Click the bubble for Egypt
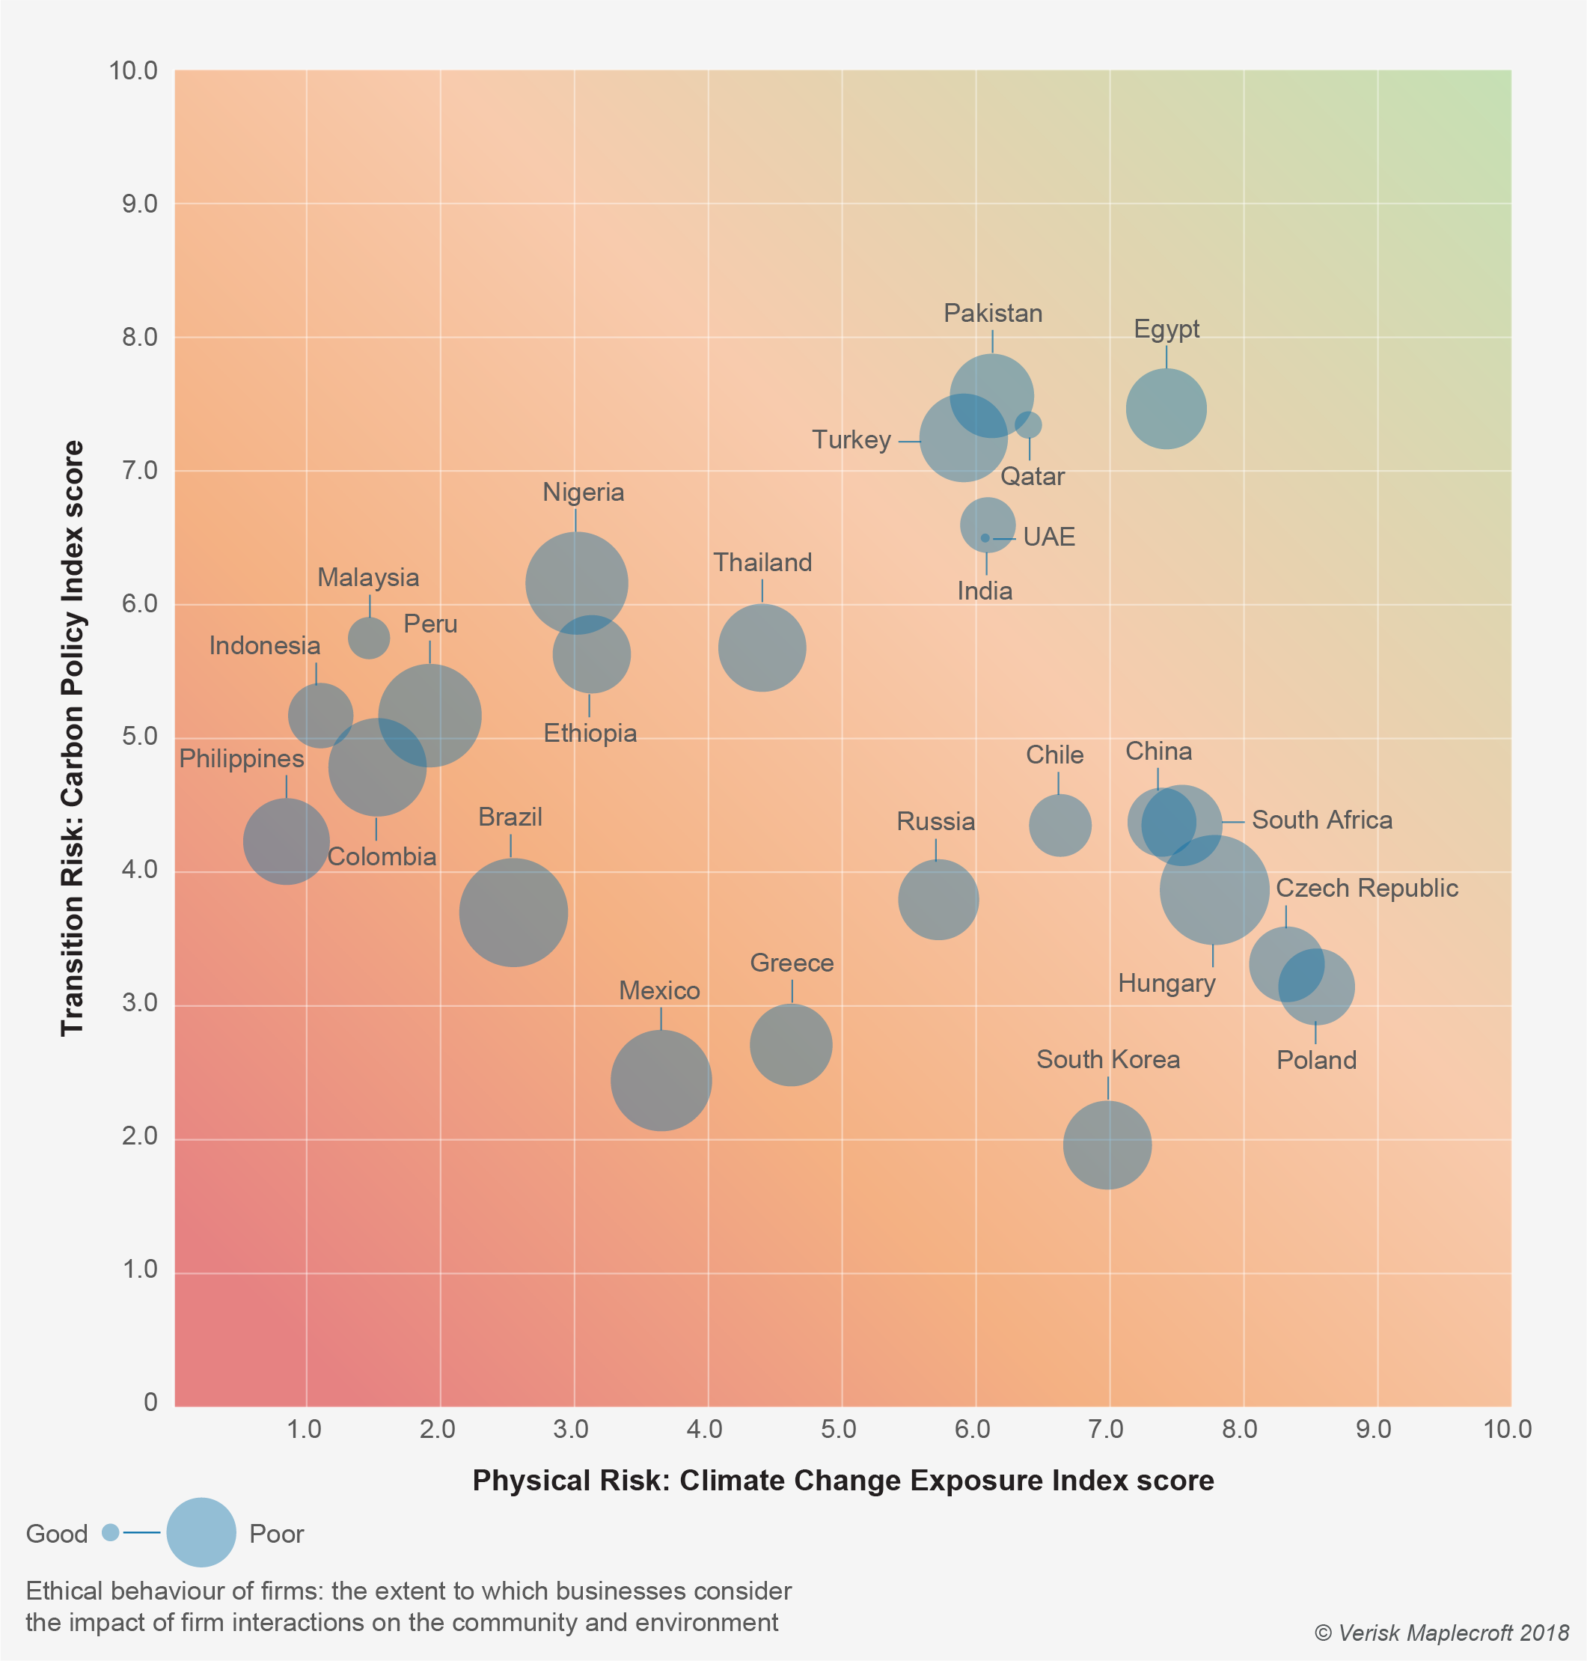1166,409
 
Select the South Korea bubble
1107,1144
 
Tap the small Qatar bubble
1028,424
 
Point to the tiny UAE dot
985,538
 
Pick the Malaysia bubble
369,637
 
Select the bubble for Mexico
661,1079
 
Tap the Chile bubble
1059,825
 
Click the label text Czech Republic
1366,888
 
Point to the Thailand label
762,563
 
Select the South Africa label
1321,820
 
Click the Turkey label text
851,440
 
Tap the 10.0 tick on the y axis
134,71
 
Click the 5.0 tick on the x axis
838,1429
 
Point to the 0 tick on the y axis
150,1402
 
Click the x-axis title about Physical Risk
843,1480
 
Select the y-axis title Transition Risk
73,737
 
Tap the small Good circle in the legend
110,1532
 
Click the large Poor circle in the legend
201,1532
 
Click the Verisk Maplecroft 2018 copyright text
1440,1633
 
